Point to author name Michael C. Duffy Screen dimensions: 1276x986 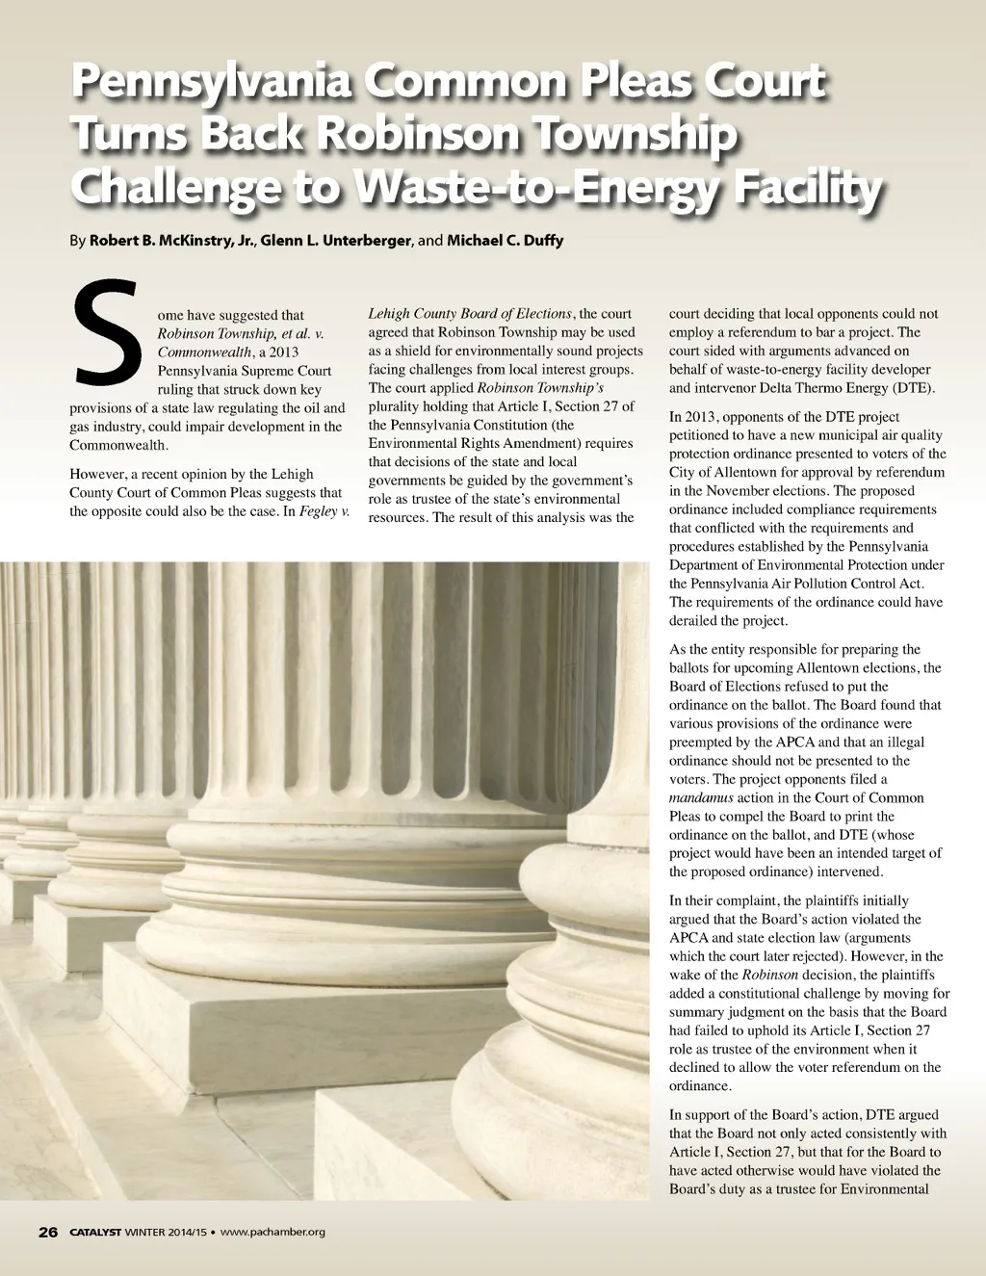pos(505,240)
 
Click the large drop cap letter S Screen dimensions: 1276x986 pos(106,332)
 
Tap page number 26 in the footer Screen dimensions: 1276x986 pos(48,1232)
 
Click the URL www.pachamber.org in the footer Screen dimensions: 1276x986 pos(272,1232)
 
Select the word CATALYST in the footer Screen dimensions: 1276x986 pos(94,1232)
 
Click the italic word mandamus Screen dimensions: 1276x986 pos(701,797)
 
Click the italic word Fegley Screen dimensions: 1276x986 pos(318,511)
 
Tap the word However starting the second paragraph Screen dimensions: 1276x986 pos(97,474)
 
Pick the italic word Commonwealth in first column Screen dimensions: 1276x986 pos(203,352)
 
